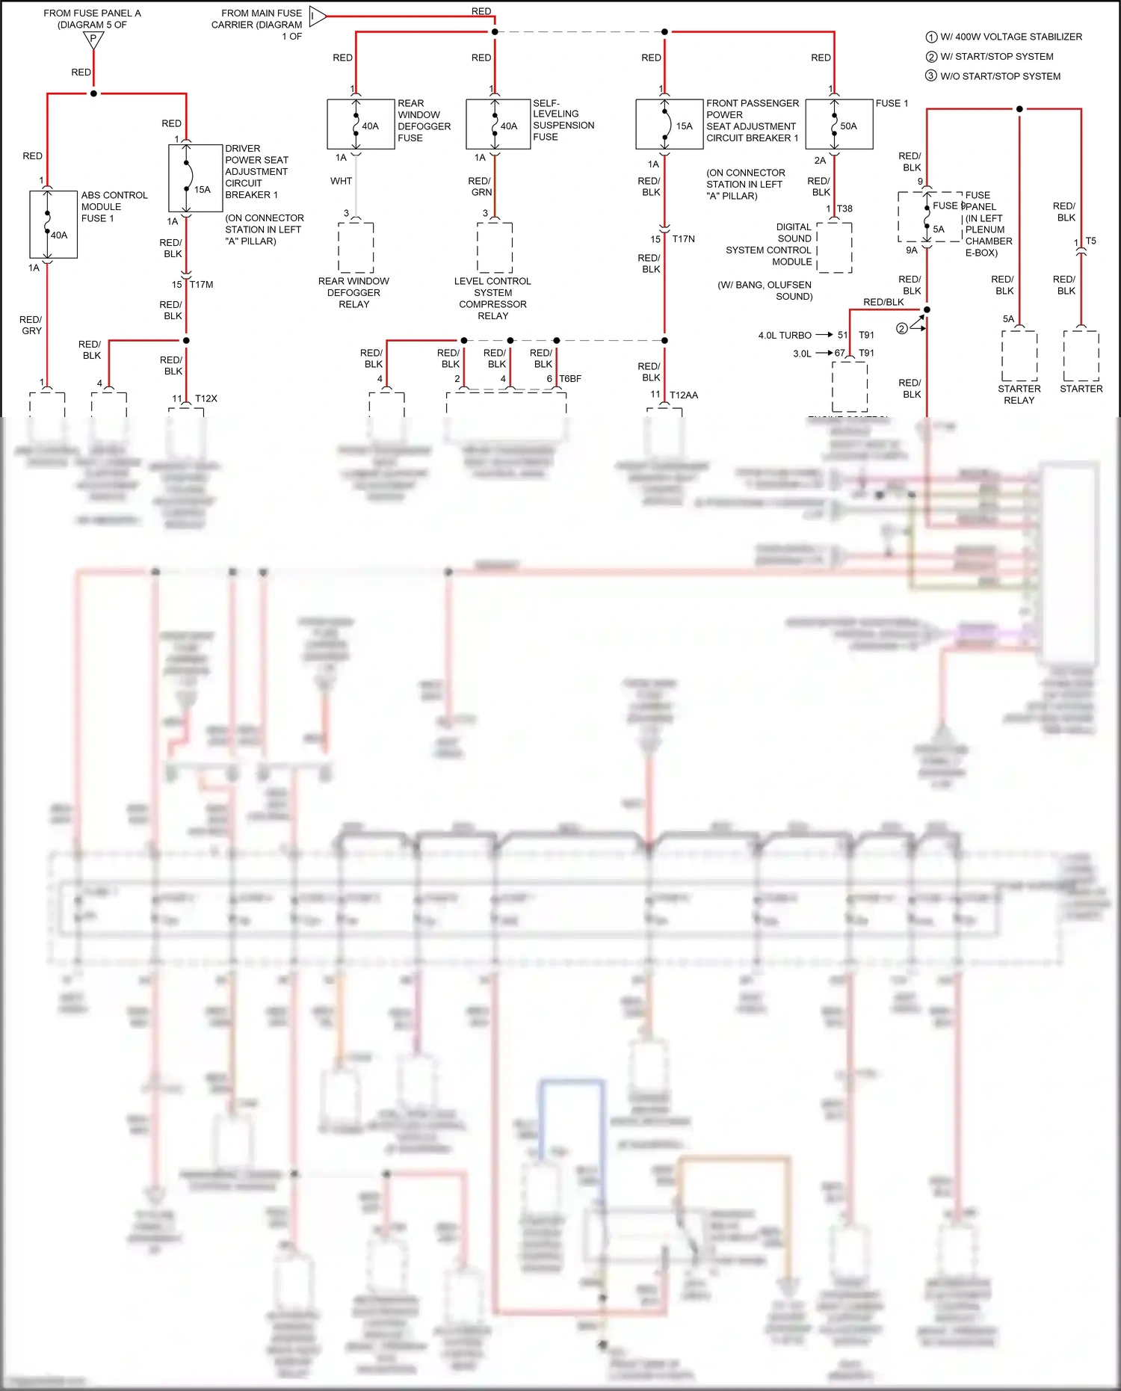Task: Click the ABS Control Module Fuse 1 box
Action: pos(53,224)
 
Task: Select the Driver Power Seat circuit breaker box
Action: pos(195,178)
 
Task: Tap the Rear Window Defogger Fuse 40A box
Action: pos(360,124)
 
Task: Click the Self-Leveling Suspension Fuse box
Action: pos(498,124)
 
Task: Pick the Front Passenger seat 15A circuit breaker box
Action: pos(669,124)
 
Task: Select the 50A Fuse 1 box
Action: pos(839,124)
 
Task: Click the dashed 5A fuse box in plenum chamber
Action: pos(929,217)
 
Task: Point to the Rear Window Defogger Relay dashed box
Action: pos(356,247)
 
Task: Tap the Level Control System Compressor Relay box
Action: pos(495,247)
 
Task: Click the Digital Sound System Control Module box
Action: pos(834,247)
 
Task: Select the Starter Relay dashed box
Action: pos(1019,356)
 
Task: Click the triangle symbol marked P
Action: pos(93,40)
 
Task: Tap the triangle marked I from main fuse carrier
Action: pos(316,16)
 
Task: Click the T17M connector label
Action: pos(201,285)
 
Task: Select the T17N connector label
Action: pos(683,239)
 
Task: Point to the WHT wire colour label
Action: pos(341,181)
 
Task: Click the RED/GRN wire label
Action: pos(480,186)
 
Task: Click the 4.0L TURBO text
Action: pos(785,336)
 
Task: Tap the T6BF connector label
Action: pos(569,379)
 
